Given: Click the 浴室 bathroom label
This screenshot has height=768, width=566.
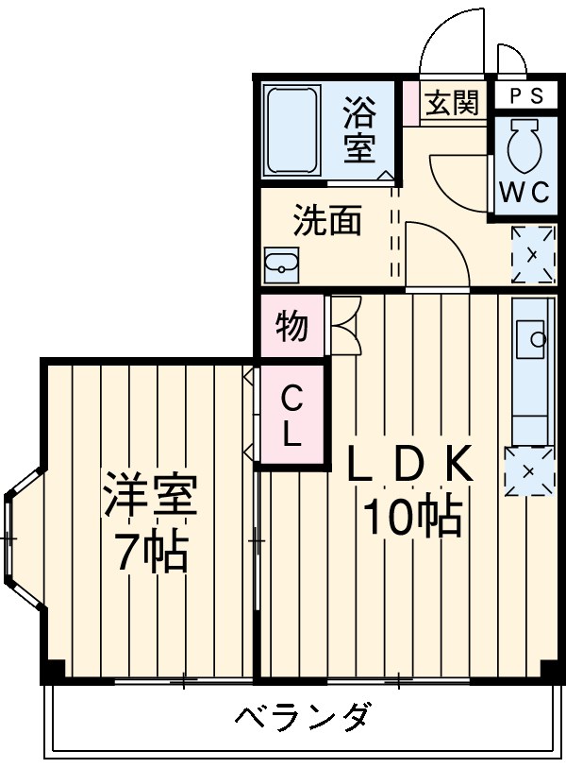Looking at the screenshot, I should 358,130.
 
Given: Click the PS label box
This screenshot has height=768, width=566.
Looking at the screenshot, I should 526,95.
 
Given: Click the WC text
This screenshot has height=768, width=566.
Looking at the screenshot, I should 524,192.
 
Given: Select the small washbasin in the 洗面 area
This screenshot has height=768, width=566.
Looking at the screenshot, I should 280,264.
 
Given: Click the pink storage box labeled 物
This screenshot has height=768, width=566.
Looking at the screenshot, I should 291,326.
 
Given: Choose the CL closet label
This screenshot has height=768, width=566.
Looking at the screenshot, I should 292,417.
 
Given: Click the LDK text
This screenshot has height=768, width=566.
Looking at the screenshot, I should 408,464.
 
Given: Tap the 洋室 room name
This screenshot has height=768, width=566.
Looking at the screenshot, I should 150,497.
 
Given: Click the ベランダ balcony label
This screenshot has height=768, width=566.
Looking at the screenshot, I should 302,718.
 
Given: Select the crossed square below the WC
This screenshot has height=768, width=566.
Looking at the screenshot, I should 532,253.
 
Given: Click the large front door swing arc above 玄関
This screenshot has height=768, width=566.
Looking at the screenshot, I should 452,43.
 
